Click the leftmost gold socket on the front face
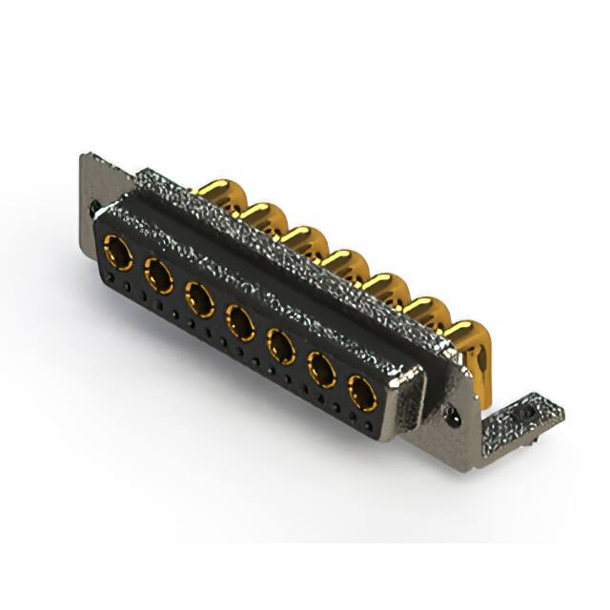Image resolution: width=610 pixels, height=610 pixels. click(117, 253)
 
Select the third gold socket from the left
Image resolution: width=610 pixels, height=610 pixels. click(199, 298)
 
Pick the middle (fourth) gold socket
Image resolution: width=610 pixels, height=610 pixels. click(239, 321)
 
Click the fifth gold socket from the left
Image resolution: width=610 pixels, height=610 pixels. click(280, 344)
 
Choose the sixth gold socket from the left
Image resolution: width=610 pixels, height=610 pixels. click(321, 368)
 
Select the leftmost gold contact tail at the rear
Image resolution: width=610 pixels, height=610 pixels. click(216, 190)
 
